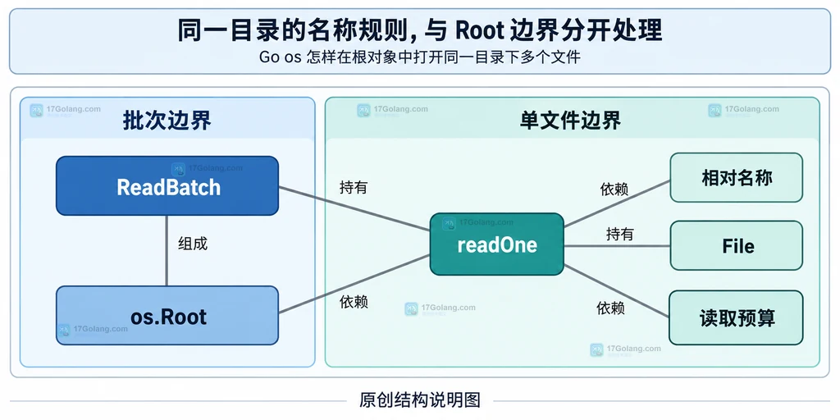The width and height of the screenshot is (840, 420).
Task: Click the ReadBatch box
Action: click(x=167, y=186)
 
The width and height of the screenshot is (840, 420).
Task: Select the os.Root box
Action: click(x=167, y=316)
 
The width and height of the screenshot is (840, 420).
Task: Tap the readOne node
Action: click(x=496, y=244)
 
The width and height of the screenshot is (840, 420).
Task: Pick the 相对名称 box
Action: click(x=736, y=177)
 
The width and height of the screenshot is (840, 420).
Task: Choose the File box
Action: click(x=736, y=245)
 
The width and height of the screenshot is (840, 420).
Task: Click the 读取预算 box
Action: click(x=736, y=317)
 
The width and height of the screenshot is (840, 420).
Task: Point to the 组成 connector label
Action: click(x=193, y=244)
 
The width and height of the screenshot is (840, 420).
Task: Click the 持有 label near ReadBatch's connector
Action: click(x=354, y=187)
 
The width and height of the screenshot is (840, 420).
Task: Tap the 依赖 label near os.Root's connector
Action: click(x=354, y=302)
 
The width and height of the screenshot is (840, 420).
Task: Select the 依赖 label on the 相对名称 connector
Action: click(x=614, y=189)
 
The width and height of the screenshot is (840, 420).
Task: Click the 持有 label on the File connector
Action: click(x=620, y=234)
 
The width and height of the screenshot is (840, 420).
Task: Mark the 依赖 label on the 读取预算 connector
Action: click(x=610, y=308)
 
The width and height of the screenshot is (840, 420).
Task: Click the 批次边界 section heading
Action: click(x=167, y=121)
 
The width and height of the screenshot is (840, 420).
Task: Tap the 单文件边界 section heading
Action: click(x=571, y=121)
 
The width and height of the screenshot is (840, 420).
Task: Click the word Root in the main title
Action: click(x=479, y=31)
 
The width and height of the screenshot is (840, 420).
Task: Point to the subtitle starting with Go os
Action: click(x=419, y=57)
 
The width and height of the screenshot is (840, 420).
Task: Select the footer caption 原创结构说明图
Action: click(x=420, y=400)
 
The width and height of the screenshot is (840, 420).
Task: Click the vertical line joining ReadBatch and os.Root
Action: click(x=167, y=251)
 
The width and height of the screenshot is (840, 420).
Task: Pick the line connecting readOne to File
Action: click(x=617, y=246)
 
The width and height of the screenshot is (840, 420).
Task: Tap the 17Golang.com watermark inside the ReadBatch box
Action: click(x=207, y=168)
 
